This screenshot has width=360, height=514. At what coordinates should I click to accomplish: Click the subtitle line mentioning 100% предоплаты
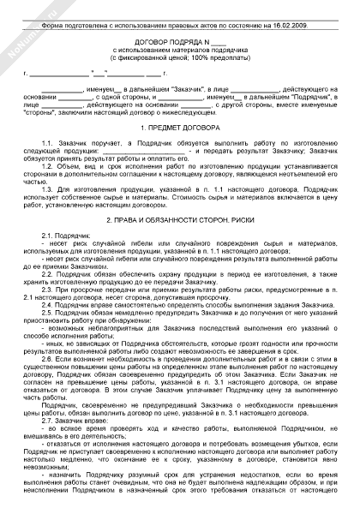point(180,60)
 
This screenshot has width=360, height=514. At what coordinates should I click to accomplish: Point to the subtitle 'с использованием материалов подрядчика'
point(180,52)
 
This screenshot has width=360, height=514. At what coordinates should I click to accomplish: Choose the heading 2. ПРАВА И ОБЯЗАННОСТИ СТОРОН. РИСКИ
point(180,220)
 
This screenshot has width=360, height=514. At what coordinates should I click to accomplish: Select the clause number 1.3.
point(47,188)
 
